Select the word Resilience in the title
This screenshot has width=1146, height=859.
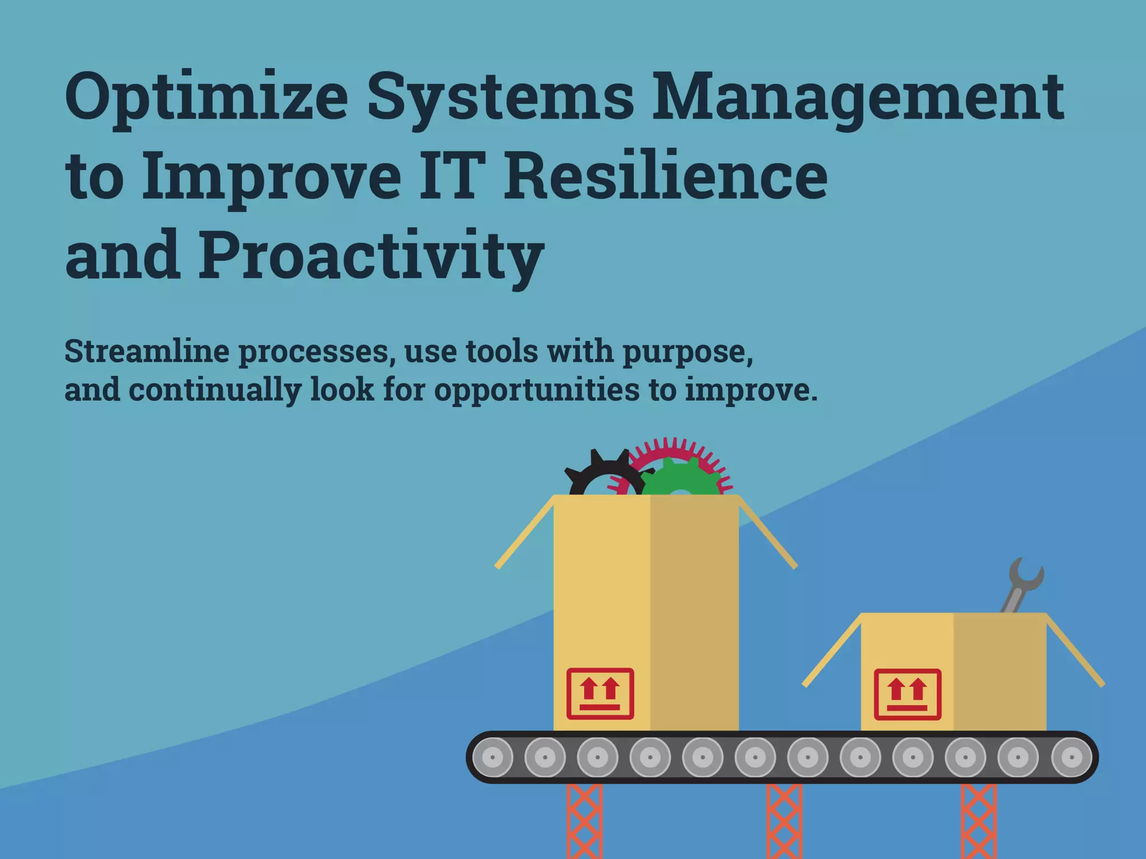click(x=665, y=176)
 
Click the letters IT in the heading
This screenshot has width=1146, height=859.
click(x=448, y=176)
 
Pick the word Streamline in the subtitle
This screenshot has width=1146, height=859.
click(x=147, y=351)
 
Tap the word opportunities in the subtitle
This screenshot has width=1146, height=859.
click(x=537, y=390)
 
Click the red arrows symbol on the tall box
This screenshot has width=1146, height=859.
click(x=600, y=693)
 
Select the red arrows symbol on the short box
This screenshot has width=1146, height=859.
click(x=907, y=694)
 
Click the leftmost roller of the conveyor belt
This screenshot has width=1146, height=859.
click(x=492, y=757)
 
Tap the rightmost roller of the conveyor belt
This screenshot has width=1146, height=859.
click(x=1072, y=757)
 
